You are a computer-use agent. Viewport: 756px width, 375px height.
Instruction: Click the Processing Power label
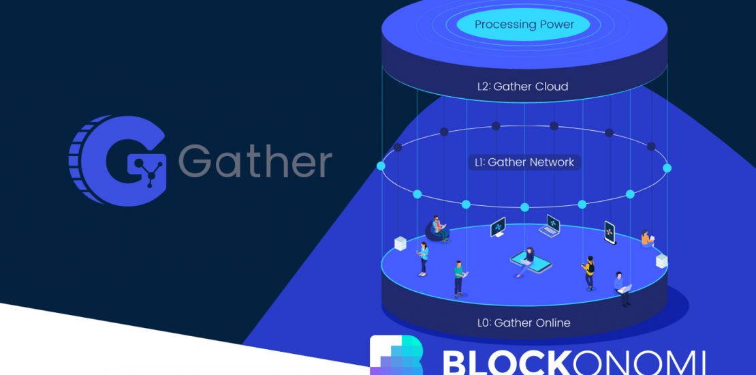pos(524,25)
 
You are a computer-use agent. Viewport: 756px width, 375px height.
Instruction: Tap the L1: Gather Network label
pos(524,162)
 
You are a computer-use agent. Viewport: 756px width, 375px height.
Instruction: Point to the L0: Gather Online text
pos(523,322)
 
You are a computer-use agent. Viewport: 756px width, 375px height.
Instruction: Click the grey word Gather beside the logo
pos(255,162)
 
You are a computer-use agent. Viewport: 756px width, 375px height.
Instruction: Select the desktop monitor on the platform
pos(498,227)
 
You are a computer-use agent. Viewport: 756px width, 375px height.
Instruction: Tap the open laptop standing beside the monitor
pos(550,225)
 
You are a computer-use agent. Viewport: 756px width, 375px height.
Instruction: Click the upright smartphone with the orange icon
pos(610,232)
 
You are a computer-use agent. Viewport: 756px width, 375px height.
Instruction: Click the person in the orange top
pos(645,239)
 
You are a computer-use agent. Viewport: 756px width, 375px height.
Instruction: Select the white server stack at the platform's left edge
pos(400,243)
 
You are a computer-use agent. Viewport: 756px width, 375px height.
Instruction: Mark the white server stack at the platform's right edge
pos(661,260)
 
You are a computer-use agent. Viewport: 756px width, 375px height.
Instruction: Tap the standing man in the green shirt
pos(459,277)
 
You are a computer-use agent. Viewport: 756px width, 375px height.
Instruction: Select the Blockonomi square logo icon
pos(396,355)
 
